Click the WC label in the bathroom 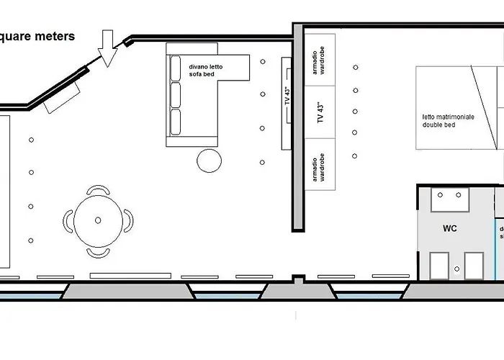(450, 228)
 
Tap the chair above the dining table (98, 191)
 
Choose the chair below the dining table (98, 252)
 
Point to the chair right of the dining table (128, 221)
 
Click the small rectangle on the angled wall (63, 96)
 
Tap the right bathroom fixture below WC (473, 265)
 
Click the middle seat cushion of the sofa (176, 94)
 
